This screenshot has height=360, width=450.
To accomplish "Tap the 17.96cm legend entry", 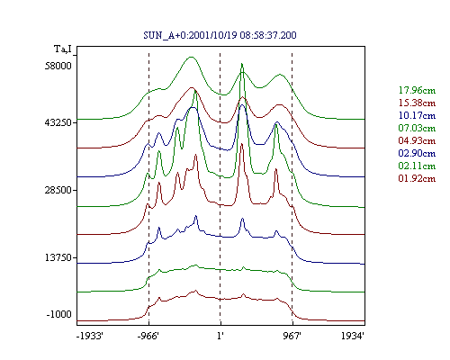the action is tap(417, 90).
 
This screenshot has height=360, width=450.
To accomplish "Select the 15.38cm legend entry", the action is tap(417, 103).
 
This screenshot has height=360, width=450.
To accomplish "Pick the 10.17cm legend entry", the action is tap(417, 115).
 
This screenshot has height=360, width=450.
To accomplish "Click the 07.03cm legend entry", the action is tap(417, 128).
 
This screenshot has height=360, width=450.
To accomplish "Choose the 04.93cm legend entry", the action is tap(417, 140).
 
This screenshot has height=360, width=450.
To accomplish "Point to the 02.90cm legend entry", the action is tap(417, 153).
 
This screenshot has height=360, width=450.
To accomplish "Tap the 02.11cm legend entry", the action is tap(417, 166).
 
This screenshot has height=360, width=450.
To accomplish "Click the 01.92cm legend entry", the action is tap(417, 178).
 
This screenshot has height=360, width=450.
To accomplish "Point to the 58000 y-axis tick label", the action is tap(58, 66).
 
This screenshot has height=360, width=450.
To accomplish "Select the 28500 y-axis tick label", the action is tap(58, 190).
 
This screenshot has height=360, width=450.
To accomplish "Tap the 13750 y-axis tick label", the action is tap(58, 257).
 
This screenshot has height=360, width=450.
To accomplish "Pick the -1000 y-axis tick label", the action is tap(59, 314).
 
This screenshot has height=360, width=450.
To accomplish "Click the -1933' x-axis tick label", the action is tap(90, 336).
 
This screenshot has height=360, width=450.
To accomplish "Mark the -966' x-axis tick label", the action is tap(148, 336).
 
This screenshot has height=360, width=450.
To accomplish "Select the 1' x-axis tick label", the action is tap(220, 336).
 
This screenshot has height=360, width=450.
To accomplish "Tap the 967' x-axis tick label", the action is tap(292, 336).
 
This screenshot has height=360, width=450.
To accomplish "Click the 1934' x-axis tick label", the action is tap(353, 336).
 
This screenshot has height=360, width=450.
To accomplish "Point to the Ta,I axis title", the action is tap(63, 49).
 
